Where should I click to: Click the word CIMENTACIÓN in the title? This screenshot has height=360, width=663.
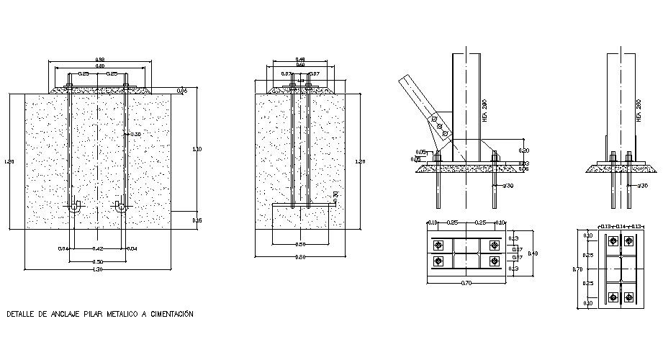[x=169, y=314]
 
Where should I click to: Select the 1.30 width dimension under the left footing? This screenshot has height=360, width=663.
[x=98, y=269]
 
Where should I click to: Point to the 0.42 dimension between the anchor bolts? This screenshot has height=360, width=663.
[x=98, y=248]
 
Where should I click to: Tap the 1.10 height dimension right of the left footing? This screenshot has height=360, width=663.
[x=197, y=148]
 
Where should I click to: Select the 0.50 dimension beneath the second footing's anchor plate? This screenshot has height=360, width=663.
[x=300, y=244]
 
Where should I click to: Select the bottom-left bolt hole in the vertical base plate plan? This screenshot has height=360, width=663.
[x=612, y=295]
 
